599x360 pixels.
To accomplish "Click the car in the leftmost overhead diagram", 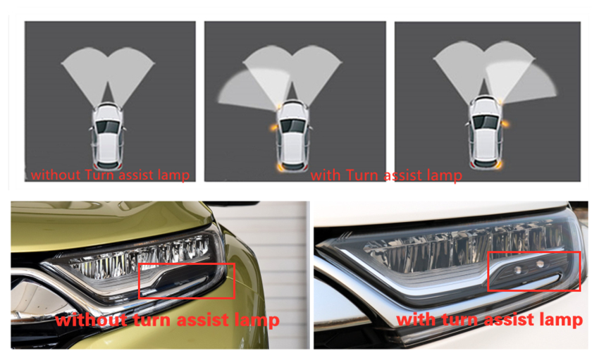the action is [x=108, y=136].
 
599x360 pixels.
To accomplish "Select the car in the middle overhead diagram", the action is [x=293, y=135].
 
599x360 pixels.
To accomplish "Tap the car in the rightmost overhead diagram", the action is [x=485, y=132].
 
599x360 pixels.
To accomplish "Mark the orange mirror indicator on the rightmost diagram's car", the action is [x=506, y=124].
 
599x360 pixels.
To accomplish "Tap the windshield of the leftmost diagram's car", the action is [x=108, y=125].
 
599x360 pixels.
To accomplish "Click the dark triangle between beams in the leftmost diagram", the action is [x=108, y=94].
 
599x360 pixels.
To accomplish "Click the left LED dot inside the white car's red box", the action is [x=518, y=270].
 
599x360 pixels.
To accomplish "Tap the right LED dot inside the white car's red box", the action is [x=541, y=263].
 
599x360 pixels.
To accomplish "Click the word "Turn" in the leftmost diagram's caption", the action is [x=100, y=175].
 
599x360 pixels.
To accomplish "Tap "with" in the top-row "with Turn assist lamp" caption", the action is [x=326, y=175].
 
